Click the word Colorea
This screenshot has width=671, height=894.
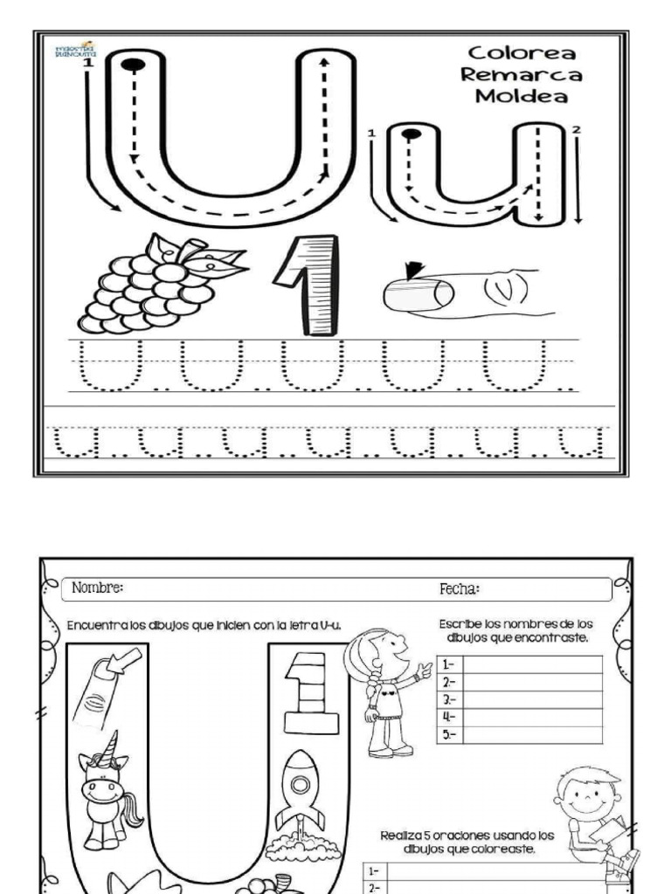[x=521, y=54]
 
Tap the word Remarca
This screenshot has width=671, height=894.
[x=521, y=75]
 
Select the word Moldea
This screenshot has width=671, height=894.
[x=521, y=96]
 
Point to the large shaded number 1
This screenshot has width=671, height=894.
[x=308, y=284]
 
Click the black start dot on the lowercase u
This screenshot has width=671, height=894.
[x=412, y=134]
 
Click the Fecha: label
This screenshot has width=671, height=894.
[x=459, y=589]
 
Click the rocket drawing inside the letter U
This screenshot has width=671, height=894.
[x=299, y=790]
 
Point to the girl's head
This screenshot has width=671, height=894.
[x=384, y=650]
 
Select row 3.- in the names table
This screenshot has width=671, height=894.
[x=520, y=699]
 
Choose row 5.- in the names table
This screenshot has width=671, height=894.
[x=520, y=734]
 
